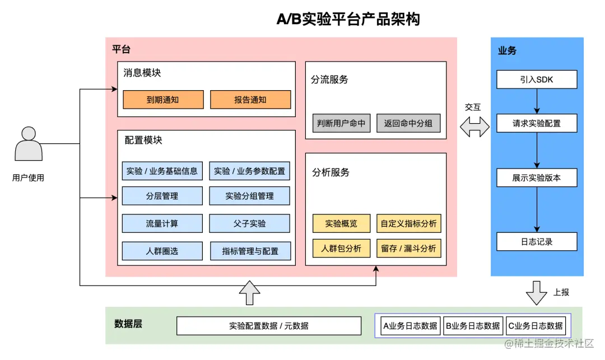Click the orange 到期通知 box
pyautogui.click(x=162, y=100)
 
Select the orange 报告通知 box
pyautogui.click(x=250, y=100)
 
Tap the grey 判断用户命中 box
pyautogui.click(x=341, y=123)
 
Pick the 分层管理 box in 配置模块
pyautogui.click(x=162, y=196)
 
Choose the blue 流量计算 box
pyautogui.click(x=162, y=223)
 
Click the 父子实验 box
pyautogui.click(x=250, y=223)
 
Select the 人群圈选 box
pyautogui.click(x=162, y=251)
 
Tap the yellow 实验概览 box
pyautogui.click(x=341, y=223)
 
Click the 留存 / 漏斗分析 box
pyautogui.click(x=408, y=248)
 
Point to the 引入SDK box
pyautogui.click(x=536, y=80)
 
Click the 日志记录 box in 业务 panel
pyautogui.click(x=536, y=241)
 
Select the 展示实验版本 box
pyautogui.click(x=536, y=178)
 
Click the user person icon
pyautogui.click(x=29, y=144)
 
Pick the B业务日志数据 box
pyautogui.click(x=473, y=325)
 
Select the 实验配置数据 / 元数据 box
pyautogui.click(x=269, y=325)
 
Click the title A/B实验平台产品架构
pyautogui.click(x=348, y=20)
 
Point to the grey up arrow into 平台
pyautogui.click(x=249, y=292)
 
